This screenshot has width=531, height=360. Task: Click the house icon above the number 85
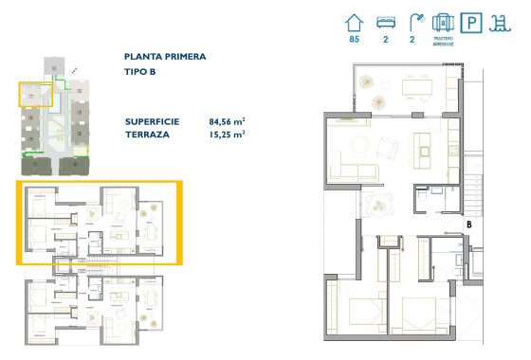pyautogui.click(x=356, y=22)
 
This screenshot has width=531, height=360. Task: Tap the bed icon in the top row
pyautogui.click(x=385, y=22)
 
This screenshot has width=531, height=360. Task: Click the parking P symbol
pyautogui.click(x=471, y=24)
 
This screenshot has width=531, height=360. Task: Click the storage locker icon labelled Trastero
pyautogui.click(x=443, y=22)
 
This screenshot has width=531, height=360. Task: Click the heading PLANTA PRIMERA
pyautogui.click(x=165, y=57)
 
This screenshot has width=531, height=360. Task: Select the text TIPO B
pyautogui.click(x=140, y=72)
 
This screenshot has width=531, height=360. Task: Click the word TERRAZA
pyautogui.click(x=148, y=135)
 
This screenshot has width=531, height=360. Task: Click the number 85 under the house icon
pyautogui.click(x=356, y=40)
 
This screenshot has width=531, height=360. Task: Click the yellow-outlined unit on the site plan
pyautogui.click(x=33, y=93)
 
